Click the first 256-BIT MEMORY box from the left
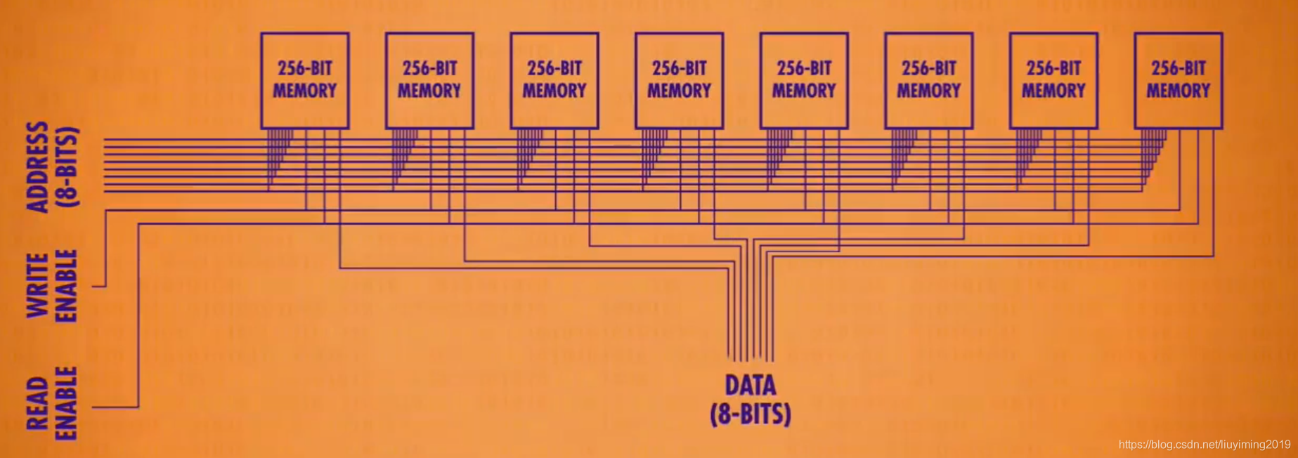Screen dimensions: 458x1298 [304, 80]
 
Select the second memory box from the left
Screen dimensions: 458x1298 [429, 80]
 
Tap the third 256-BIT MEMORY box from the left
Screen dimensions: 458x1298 [554, 80]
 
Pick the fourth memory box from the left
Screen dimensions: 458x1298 [679, 80]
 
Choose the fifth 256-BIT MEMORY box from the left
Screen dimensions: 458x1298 [804, 80]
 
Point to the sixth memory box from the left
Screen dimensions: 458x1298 [928, 80]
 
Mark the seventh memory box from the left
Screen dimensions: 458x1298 [1053, 80]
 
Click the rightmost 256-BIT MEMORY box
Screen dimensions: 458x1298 [1179, 80]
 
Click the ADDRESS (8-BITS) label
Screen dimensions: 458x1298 [52, 167]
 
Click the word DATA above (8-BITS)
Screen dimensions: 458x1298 [751, 386]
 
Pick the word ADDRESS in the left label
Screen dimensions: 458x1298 [37, 167]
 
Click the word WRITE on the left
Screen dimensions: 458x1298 [37, 286]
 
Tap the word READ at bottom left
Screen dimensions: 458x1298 [37, 404]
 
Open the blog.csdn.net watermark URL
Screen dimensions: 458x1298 [1204, 445]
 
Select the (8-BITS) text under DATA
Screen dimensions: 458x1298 [751, 414]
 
